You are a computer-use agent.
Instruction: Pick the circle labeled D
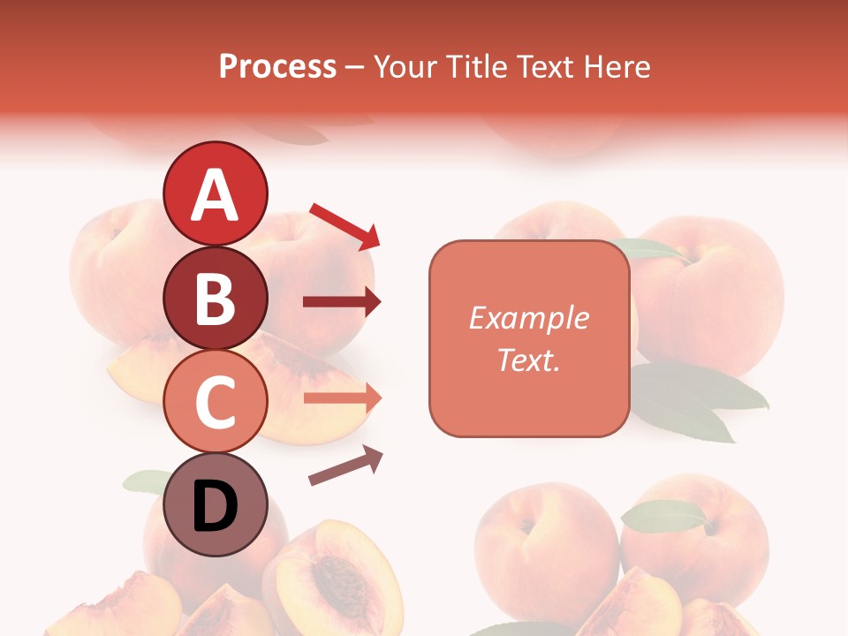coord(216,505)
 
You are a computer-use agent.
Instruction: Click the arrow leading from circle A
coord(344,225)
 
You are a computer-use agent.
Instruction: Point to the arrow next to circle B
coord(342,302)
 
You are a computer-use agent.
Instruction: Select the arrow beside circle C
coord(342,398)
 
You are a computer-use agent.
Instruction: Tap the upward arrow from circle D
coord(345,466)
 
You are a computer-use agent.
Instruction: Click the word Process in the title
coord(277,66)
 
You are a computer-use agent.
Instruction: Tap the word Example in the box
coord(528,318)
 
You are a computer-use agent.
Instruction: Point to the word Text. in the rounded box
coord(528,360)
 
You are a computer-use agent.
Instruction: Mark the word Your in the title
coord(405,66)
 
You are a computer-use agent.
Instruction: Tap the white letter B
coord(216,299)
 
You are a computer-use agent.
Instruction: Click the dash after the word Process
coord(355,68)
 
